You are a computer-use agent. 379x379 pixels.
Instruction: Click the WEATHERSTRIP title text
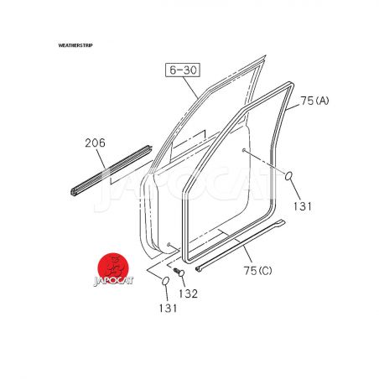click(x=75, y=45)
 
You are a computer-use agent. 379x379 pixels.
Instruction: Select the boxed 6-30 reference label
click(x=183, y=70)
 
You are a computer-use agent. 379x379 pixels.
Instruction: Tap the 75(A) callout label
click(x=314, y=101)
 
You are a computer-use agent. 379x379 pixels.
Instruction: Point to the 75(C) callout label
click(x=257, y=271)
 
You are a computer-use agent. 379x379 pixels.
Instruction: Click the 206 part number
click(x=96, y=143)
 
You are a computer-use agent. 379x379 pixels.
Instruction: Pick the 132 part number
click(x=189, y=293)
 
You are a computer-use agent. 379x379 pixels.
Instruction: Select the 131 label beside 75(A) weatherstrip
click(x=303, y=206)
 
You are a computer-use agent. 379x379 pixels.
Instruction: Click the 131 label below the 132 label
click(x=168, y=309)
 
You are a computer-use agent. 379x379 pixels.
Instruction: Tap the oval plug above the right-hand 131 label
click(x=288, y=176)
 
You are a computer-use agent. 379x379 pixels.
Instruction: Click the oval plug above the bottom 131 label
click(x=165, y=281)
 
